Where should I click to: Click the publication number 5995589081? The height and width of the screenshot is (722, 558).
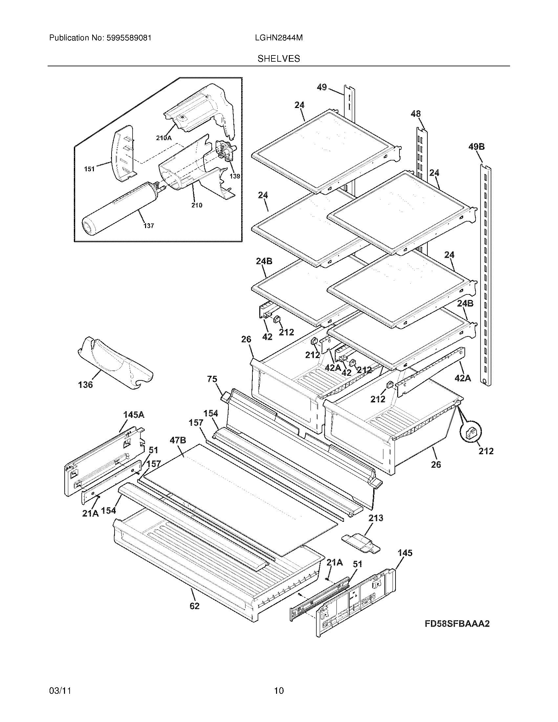[x=129, y=38]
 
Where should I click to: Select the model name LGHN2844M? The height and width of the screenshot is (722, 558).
[x=279, y=38]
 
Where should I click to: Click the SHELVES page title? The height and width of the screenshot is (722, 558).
[x=279, y=59]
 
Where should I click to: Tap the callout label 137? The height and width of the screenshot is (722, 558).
[x=149, y=226]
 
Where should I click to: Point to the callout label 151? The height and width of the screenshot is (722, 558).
[x=89, y=169]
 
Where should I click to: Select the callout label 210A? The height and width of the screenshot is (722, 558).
[x=164, y=138]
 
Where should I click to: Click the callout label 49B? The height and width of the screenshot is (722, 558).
[x=476, y=147]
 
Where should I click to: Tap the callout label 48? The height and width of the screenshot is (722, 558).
[x=416, y=114]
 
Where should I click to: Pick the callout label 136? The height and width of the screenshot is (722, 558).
[x=85, y=385]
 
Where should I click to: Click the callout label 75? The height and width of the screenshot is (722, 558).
[x=212, y=379]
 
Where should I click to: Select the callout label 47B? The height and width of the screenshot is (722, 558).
[x=178, y=440]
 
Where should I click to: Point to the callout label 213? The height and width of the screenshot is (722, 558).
[x=376, y=518]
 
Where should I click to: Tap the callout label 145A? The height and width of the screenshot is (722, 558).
[x=134, y=415]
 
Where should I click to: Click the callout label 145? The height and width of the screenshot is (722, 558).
[x=405, y=553]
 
